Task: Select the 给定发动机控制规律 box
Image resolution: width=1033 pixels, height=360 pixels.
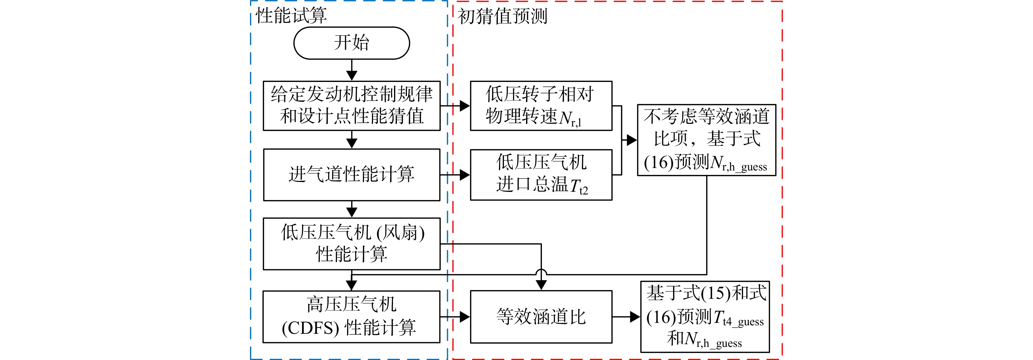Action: coord(352,106)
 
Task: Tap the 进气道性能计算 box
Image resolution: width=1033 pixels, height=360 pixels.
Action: coord(352,175)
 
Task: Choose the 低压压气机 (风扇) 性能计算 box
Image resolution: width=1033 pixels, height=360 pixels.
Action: coord(352,244)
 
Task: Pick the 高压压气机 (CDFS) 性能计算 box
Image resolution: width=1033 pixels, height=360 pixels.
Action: coord(352,317)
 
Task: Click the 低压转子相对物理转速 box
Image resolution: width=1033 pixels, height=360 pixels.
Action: coord(541,106)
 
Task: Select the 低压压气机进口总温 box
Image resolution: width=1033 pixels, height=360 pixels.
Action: coord(541,175)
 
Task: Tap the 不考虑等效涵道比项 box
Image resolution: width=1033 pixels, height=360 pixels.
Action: coord(707,140)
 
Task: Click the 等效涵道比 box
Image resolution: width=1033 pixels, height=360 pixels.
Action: coord(541,317)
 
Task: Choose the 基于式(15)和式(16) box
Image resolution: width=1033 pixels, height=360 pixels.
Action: coord(705,317)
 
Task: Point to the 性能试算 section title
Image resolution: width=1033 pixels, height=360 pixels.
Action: coord(292,16)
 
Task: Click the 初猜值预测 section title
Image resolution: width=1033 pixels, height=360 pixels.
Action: coord(503,16)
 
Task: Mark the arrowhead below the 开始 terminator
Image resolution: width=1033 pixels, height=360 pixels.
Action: coord(352,75)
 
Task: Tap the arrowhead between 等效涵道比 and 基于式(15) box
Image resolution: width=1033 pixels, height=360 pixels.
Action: coord(635,317)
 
